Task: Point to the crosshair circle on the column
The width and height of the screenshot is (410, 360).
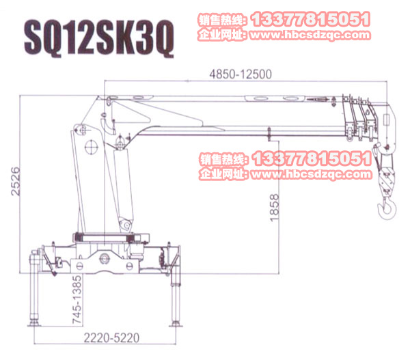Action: point(90,148)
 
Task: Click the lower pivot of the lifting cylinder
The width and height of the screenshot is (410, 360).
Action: point(124,225)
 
